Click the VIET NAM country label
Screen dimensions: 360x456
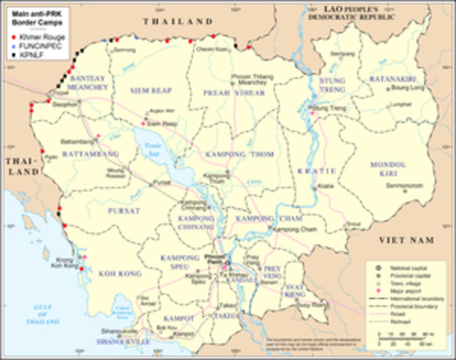coord(408,238)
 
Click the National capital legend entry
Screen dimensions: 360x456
coord(402,268)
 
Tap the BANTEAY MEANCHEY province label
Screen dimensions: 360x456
coord(89,83)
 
